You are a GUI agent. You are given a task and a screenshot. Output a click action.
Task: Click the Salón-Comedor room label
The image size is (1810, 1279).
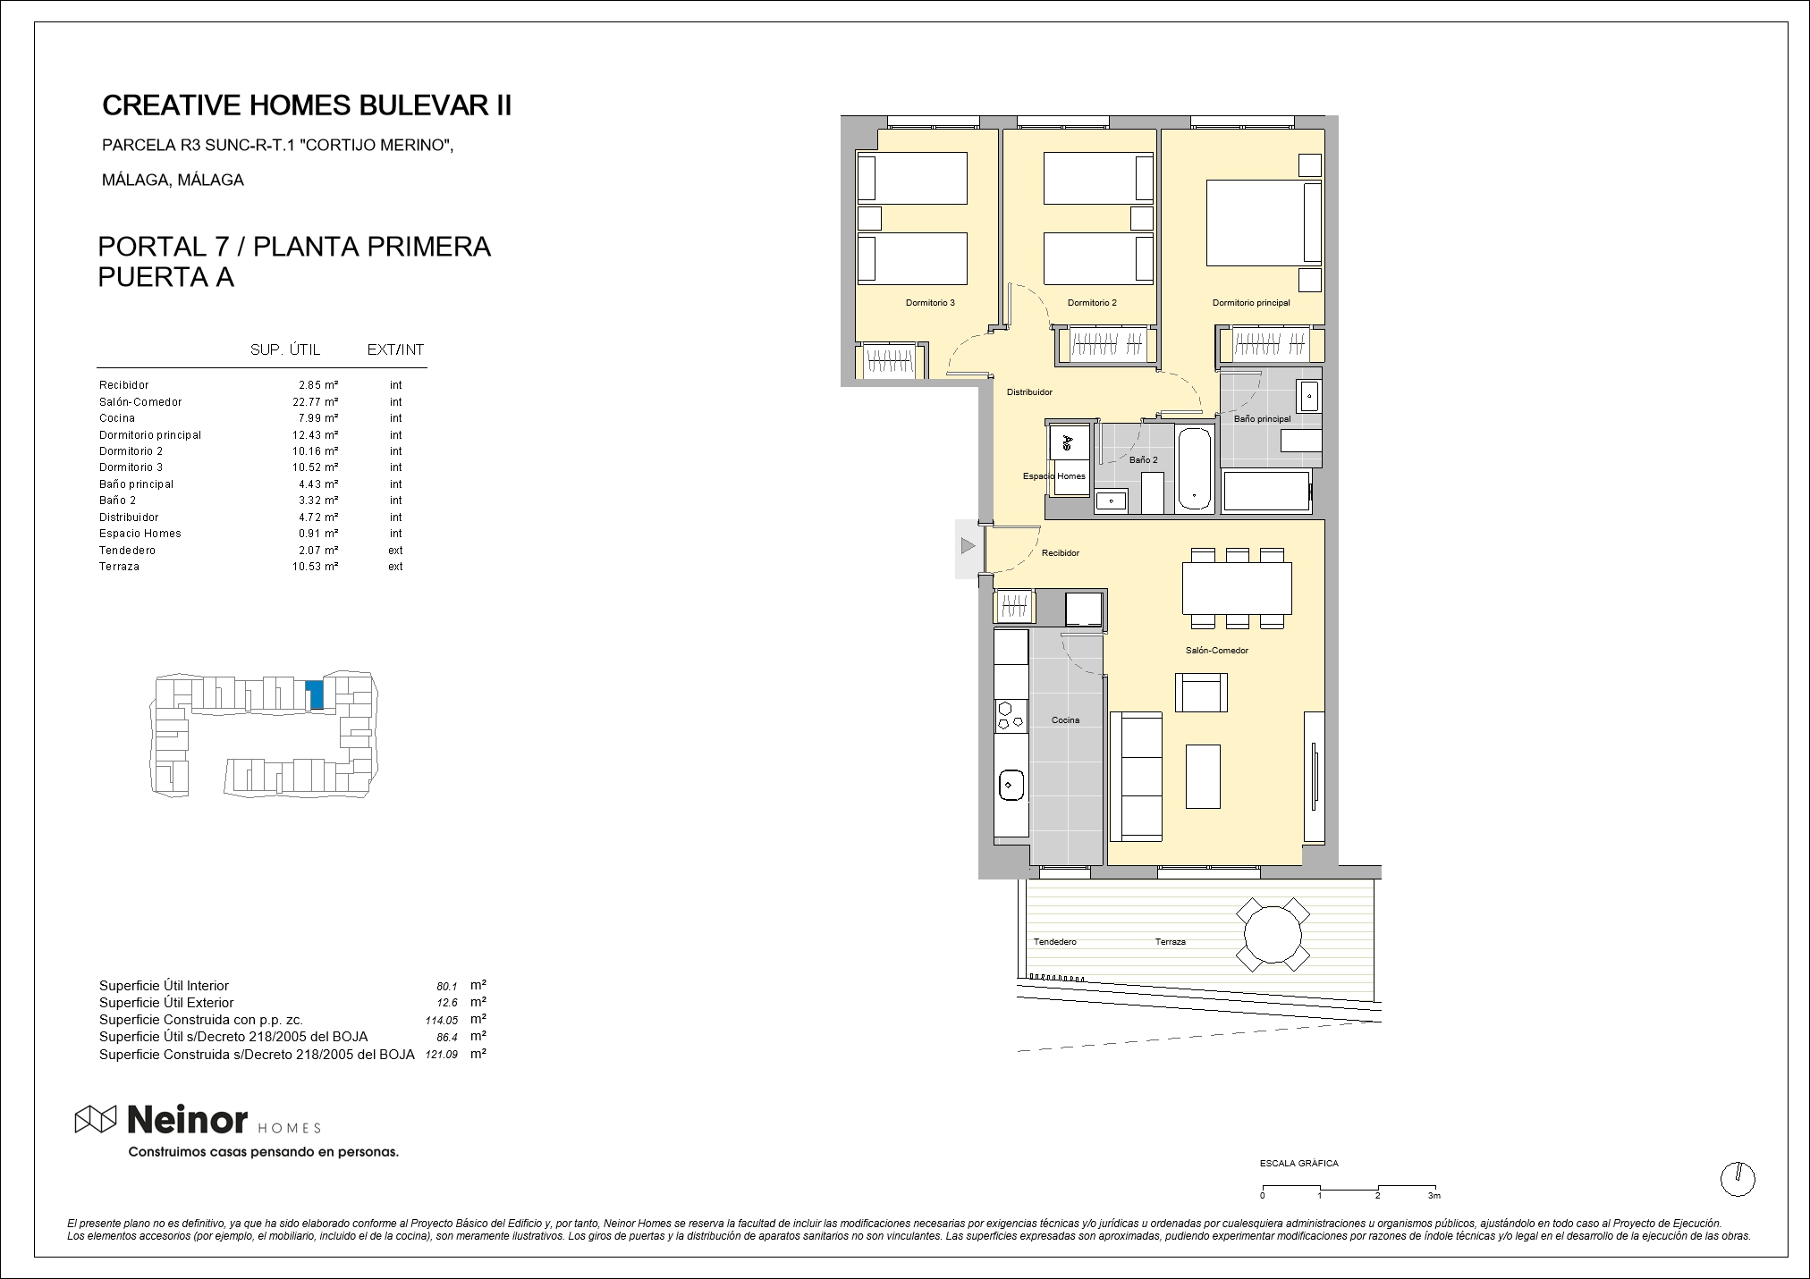(1216, 651)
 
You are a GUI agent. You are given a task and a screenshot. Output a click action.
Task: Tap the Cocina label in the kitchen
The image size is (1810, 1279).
(1065, 719)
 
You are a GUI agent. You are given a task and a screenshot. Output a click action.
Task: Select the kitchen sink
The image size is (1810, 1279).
(1011, 786)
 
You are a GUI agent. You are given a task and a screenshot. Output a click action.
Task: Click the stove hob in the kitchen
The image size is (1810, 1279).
(1011, 715)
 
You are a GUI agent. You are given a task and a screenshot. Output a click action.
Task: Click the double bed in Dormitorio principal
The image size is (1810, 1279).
(1264, 223)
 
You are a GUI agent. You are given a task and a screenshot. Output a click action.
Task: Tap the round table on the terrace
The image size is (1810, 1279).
(1273, 935)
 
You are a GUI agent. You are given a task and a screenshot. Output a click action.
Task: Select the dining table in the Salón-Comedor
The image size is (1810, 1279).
(1237, 587)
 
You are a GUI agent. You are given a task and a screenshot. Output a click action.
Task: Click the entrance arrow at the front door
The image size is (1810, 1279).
(968, 545)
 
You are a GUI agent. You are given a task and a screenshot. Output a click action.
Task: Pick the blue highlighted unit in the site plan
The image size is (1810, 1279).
(315, 694)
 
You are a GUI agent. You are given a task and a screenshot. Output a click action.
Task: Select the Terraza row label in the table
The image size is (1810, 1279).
(119, 567)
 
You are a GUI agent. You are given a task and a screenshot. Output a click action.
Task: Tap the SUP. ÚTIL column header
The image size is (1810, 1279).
(285, 349)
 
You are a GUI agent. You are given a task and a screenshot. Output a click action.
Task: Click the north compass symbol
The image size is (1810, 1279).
(1738, 1179)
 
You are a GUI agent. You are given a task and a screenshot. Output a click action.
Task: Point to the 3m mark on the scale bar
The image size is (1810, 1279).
(1434, 1196)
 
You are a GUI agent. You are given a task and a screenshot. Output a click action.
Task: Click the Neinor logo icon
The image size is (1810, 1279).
(96, 1119)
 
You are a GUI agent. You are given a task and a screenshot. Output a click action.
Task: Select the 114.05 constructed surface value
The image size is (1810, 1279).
(442, 1020)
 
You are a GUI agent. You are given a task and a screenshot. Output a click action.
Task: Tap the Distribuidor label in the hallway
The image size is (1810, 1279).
(1029, 392)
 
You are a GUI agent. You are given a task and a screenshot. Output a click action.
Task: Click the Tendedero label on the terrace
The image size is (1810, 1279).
(1055, 942)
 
